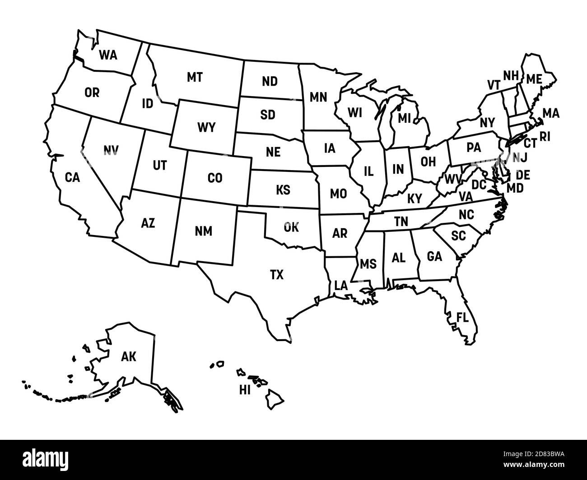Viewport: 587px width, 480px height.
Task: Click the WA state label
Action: point(108,55)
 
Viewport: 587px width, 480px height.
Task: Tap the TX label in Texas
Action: point(277,274)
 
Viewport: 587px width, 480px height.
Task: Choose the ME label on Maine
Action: point(534,79)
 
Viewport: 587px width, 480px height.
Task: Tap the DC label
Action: point(479,185)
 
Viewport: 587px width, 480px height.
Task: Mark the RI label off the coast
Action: point(545,137)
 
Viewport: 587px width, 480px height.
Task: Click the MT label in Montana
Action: point(195,77)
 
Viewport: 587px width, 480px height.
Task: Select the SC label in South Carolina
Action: point(458,235)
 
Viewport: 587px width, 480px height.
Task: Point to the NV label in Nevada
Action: point(111,150)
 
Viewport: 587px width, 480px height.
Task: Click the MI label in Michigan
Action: point(405,118)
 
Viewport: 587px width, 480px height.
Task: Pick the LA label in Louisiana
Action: point(341,285)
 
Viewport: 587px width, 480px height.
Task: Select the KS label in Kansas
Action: point(283,190)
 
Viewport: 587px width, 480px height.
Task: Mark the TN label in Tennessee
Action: point(401,222)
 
